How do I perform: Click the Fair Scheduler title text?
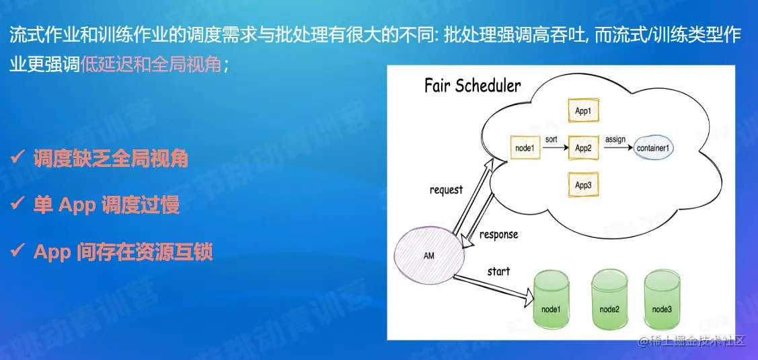coord(472,86)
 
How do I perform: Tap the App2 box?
coord(583,147)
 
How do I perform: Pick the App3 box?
coord(583,184)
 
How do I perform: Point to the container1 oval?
coord(654,147)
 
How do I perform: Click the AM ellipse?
coord(428,256)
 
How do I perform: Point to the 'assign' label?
coord(615,139)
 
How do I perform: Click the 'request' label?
coord(446,190)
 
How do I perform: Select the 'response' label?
coord(498,235)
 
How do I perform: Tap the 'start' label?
coord(498,272)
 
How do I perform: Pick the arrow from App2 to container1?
coord(615,148)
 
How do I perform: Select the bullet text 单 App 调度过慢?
coord(106,205)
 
